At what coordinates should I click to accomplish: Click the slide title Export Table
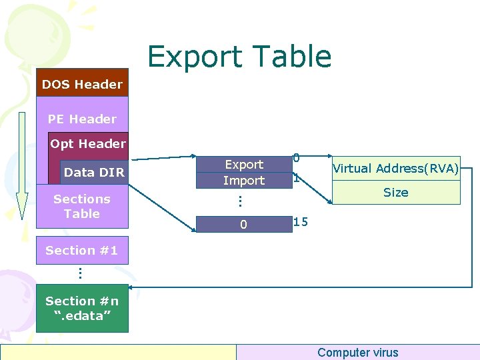(x=239, y=57)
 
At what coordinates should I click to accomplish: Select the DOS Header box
(x=82, y=84)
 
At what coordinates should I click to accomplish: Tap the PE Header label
(x=82, y=119)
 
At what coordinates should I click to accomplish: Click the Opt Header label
(x=87, y=144)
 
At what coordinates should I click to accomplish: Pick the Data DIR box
(x=94, y=172)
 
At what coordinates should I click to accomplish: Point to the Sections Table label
(x=82, y=206)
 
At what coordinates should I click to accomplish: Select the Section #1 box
(x=82, y=251)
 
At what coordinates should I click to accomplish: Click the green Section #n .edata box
(x=82, y=308)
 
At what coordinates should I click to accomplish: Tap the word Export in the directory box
(x=244, y=165)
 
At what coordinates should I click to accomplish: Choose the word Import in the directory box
(x=244, y=181)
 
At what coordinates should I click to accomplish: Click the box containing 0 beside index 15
(x=244, y=225)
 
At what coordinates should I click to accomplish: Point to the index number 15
(x=301, y=222)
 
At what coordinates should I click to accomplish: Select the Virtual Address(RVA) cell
(x=395, y=169)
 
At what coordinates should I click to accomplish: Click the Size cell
(x=395, y=193)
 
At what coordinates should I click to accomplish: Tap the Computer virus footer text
(x=357, y=353)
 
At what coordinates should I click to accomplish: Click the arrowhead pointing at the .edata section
(x=132, y=287)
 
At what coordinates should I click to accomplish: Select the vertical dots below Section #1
(x=79, y=273)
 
